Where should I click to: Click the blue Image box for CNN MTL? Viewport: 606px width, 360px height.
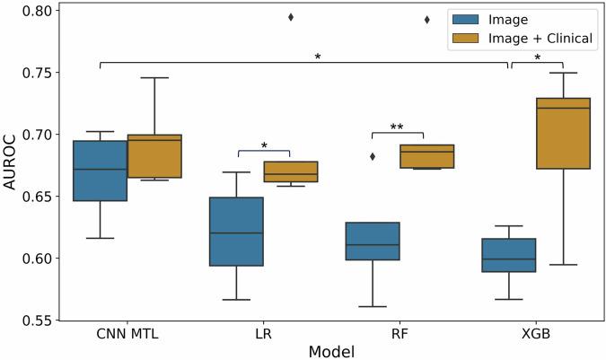[100, 171]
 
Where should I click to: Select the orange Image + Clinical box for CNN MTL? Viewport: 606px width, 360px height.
[154, 156]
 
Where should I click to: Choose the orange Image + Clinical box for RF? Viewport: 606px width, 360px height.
[427, 156]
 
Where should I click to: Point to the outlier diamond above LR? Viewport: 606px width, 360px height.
[291, 17]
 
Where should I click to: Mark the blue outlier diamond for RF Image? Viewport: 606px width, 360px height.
[373, 156]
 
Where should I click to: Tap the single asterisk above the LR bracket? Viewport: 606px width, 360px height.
[264, 145]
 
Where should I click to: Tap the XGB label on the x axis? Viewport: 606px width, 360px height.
[536, 334]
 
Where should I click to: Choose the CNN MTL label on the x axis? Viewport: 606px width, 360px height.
[127, 334]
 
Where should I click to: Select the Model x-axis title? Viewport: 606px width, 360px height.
[331, 351]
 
